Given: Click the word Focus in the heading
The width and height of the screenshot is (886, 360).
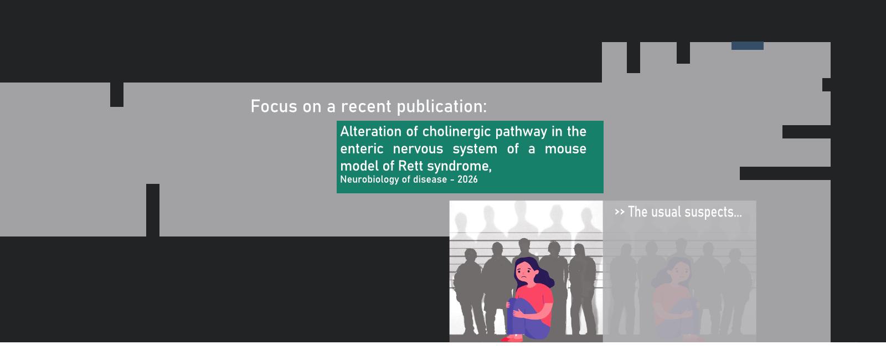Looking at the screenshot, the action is pos(274,106).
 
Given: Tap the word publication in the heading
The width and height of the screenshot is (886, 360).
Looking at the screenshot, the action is pos(442,107).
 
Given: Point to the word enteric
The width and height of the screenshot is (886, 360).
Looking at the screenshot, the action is pos(362,149).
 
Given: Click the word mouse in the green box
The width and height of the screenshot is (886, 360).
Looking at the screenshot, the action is pos(565,149).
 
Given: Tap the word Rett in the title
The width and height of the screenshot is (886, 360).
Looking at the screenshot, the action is pos(410,166).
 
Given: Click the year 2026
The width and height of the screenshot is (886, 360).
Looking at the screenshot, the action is pos(467,179).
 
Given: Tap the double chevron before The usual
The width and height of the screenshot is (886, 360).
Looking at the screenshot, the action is pos(620,212).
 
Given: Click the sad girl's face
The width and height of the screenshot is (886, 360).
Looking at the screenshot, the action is pos(525,271).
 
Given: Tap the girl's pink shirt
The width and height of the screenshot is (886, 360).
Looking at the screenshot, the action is pos(535,301).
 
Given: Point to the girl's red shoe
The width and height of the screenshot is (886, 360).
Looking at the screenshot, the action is pos(512,338).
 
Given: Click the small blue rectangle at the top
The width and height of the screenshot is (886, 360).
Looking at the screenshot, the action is pos(747,46).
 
